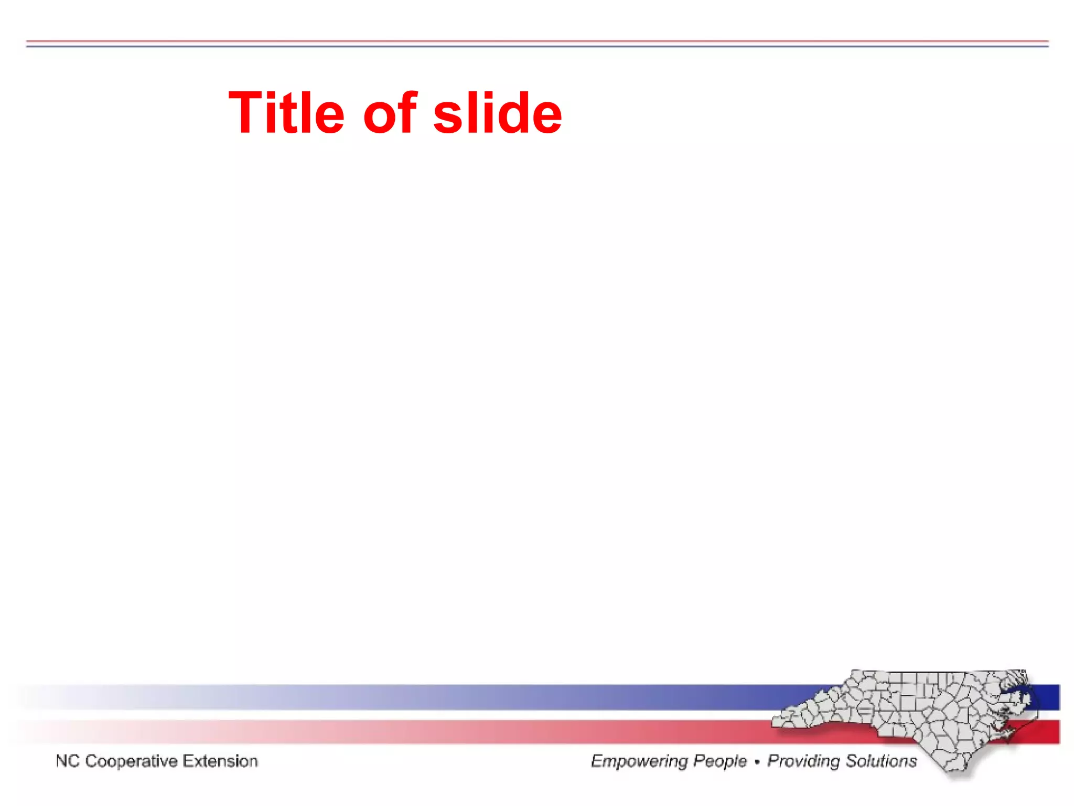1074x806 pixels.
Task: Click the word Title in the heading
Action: (286, 113)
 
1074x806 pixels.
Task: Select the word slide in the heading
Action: (497, 113)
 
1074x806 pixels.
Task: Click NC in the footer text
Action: (67, 761)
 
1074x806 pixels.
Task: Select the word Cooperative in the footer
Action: (131, 761)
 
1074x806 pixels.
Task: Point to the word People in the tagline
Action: (720, 761)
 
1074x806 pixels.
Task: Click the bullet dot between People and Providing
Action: (757, 762)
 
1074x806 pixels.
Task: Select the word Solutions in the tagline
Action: (881, 761)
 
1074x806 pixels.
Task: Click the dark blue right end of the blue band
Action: (1049, 697)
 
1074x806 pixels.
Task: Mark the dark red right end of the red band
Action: (1049, 732)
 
